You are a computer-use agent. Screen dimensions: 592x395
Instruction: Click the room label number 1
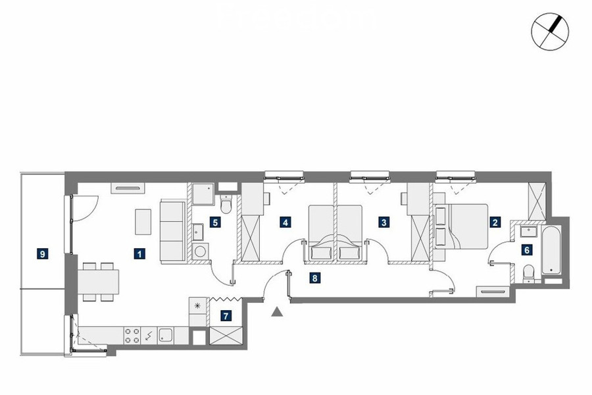pos(139,253)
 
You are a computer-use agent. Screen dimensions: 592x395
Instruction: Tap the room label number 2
pos(495,223)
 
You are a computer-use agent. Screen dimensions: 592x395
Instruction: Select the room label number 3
pos(384,223)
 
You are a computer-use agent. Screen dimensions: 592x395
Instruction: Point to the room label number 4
pos(285,223)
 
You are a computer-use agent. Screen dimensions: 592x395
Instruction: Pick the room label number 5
pos(215,223)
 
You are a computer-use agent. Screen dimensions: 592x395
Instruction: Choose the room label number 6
pos(527,250)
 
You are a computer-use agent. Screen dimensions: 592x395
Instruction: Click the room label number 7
pos(226,315)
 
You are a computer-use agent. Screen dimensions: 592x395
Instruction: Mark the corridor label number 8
pos(314,278)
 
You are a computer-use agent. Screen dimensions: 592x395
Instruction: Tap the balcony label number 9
pos(42,253)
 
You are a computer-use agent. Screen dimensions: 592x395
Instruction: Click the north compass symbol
pos(550,32)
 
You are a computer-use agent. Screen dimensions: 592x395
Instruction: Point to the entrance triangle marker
pos(277,311)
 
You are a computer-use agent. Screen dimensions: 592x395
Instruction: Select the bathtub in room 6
pos(552,250)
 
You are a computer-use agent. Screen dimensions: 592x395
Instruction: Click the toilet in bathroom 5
pos(226,204)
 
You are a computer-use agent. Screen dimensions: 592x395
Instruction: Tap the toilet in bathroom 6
pos(529,274)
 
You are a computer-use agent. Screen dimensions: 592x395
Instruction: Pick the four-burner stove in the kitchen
pos(132,336)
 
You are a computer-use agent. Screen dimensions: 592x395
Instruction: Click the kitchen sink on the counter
pos(165,335)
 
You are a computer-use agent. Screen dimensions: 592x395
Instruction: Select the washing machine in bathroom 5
pos(200,251)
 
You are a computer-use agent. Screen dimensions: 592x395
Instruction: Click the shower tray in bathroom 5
pos(203,194)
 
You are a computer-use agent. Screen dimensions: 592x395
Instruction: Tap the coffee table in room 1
pos(143,221)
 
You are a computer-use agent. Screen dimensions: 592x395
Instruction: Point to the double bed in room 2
pos(461,226)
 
